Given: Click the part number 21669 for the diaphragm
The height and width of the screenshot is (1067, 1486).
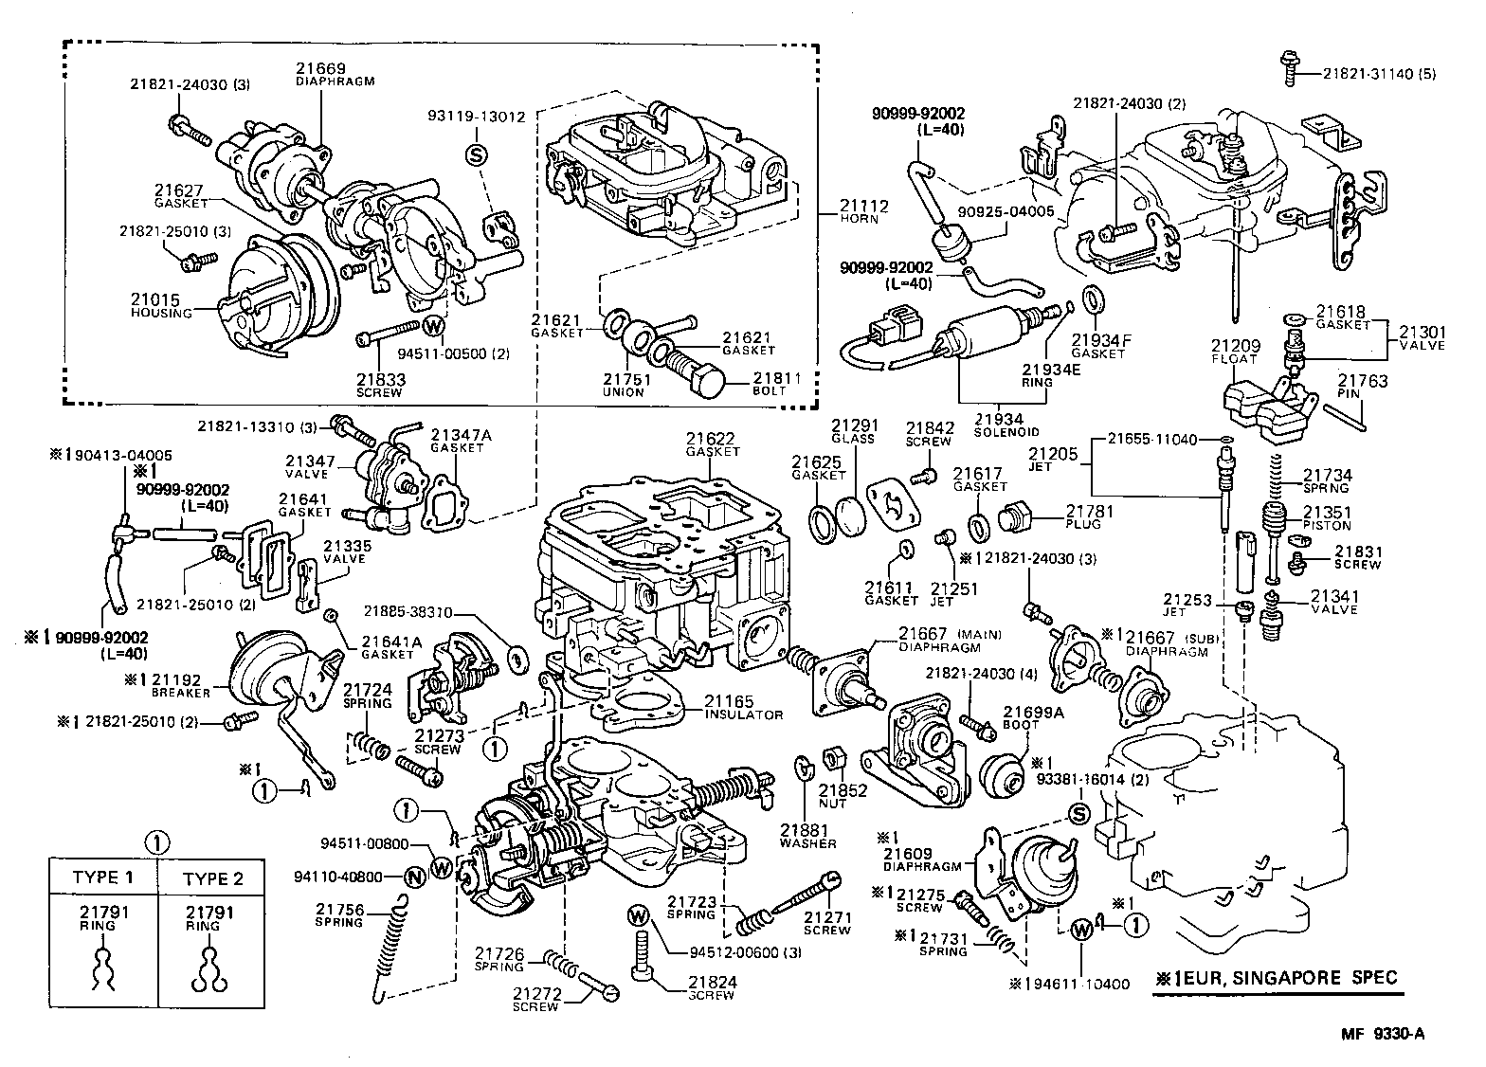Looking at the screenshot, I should point(320,68).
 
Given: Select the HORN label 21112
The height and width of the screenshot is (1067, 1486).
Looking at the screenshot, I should point(861,210).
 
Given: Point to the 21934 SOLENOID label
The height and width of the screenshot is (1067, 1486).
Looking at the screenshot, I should point(1001,425).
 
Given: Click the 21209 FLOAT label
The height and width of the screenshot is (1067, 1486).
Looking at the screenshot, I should point(1234,353).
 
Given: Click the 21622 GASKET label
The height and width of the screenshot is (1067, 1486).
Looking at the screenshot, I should point(713,443).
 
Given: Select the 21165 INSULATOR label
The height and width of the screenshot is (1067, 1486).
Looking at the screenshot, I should point(743,707).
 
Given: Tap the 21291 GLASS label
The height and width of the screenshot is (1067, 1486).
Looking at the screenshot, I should point(852,432).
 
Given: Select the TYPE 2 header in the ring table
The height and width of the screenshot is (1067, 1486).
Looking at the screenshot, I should point(212,877).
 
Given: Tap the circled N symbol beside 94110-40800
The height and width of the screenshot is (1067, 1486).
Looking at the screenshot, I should point(414,877).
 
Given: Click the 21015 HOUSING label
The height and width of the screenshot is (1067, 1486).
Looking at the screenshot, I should point(161,305).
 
